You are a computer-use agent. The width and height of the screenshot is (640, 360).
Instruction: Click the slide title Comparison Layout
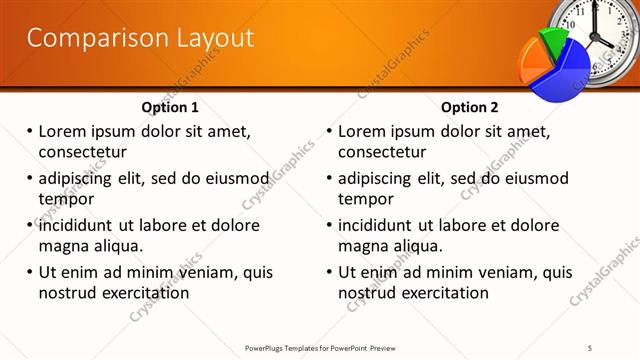tap(139, 39)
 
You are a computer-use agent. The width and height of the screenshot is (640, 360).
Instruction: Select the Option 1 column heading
tap(170, 107)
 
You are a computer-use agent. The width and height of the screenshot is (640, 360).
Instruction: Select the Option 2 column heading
tap(469, 107)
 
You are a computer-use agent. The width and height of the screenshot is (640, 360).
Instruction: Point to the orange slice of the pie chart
tap(528, 63)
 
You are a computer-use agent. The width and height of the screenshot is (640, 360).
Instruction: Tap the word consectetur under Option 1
tap(82, 152)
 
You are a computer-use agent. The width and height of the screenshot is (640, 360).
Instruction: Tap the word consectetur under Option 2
tap(382, 152)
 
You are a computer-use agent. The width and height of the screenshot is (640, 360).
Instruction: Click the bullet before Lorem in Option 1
tap(29, 132)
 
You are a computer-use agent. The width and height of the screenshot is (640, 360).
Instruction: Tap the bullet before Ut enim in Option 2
tap(329, 272)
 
